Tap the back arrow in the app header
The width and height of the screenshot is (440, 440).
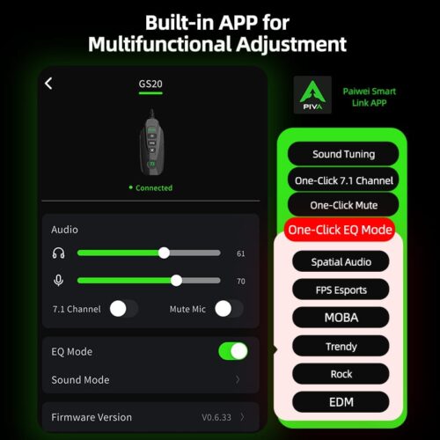pyautogui.click(x=48, y=84)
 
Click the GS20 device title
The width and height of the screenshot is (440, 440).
pyautogui.click(x=150, y=84)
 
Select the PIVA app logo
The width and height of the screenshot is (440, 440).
pyautogui.click(x=312, y=95)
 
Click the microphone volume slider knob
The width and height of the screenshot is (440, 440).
pyautogui.click(x=176, y=281)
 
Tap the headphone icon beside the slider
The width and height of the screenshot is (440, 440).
pyautogui.click(x=58, y=253)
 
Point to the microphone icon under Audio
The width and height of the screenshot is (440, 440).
pyautogui.click(x=58, y=281)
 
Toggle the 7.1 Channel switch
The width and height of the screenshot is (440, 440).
pyautogui.click(x=124, y=309)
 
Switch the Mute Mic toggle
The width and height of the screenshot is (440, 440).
pyautogui.click(x=229, y=309)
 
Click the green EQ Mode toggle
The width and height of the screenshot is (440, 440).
pyautogui.click(x=233, y=351)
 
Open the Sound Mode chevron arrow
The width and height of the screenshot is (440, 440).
pyautogui.click(x=238, y=379)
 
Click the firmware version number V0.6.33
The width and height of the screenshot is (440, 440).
pyautogui.click(x=216, y=417)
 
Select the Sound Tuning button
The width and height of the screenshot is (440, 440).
pyautogui.click(x=343, y=154)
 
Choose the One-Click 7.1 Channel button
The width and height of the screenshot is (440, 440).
pyautogui.click(x=343, y=180)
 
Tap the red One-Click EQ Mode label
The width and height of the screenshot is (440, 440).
pyautogui.click(x=340, y=230)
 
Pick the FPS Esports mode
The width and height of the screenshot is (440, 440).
pyautogui.click(x=341, y=290)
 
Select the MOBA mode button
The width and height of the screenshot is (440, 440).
pyautogui.click(x=341, y=318)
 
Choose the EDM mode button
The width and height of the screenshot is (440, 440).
pyautogui.click(x=341, y=402)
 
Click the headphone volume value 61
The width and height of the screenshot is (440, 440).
pyautogui.click(x=241, y=253)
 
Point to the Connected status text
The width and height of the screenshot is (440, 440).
pyautogui.click(x=154, y=187)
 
